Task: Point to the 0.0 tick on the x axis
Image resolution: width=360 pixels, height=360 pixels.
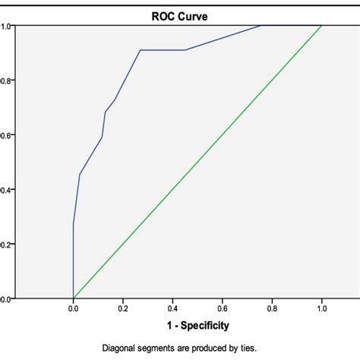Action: point(73,309)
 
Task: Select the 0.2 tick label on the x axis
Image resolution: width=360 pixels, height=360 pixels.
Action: point(123,309)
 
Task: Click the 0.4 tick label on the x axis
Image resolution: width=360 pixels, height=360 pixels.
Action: point(172,309)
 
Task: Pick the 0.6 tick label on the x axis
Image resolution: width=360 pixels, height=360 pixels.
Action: point(223,309)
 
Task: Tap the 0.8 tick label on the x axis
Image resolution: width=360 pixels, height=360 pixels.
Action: point(272,309)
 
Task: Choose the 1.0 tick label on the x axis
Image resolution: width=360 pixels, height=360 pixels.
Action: point(322,309)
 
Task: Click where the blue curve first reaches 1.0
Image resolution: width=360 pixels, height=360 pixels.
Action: point(261,26)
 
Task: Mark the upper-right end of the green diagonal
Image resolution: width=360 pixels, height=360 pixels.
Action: point(322,26)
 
